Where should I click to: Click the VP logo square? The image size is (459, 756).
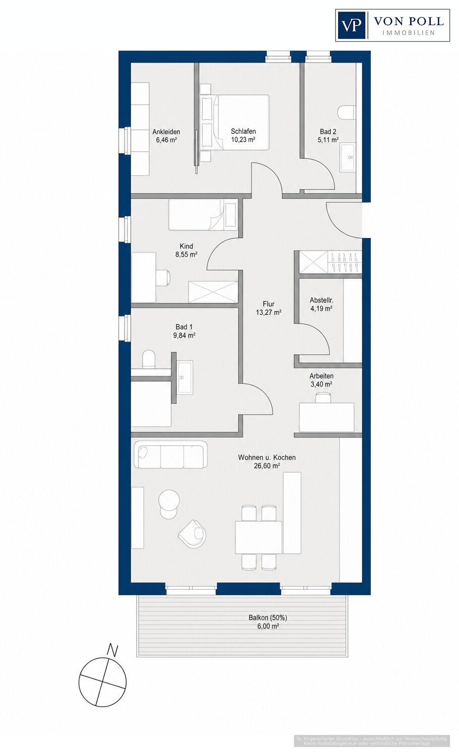tap(351, 25)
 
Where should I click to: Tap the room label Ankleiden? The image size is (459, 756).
tap(166, 132)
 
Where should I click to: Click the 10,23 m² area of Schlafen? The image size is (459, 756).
tap(243, 140)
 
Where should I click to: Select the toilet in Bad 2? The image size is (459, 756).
tap(347, 112)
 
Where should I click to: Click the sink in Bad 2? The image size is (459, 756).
tap(348, 157)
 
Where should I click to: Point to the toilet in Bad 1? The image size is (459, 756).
tap(149, 359)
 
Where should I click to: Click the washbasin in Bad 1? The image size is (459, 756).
tap(185, 377)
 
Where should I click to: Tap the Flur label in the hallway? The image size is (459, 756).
tap(269, 304)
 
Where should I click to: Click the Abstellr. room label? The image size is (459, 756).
tap(321, 300)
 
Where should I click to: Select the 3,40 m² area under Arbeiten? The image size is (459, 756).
tap(321, 384)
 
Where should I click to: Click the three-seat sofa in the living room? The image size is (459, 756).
tap(171, 454)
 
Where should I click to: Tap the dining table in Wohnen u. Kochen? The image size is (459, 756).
tap(258, 537)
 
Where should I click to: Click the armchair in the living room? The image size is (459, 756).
tap(192, 534)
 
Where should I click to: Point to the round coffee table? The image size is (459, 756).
tap(169, 500)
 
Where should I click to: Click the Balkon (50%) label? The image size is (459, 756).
tap(268, 618)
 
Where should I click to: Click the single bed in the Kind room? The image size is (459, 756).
tap(203, 215)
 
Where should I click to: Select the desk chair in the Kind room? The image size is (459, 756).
tap(163, 277)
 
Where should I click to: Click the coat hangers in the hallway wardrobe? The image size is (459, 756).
tap(345, 262)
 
